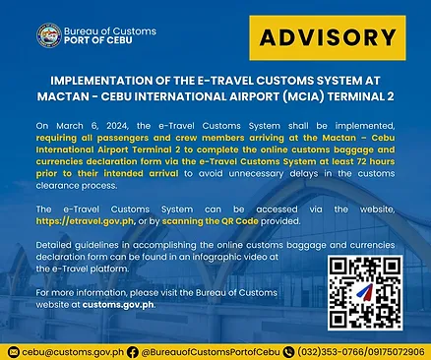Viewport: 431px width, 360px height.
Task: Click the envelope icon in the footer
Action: tap(12, 350)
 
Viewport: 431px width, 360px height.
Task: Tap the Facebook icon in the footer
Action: tap(133, 350)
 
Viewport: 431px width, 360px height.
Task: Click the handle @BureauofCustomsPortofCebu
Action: tap(209, 350)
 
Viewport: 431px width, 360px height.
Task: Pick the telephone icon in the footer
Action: tap(288, 350)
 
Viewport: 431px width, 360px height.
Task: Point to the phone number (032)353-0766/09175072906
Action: tap(361, 350)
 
